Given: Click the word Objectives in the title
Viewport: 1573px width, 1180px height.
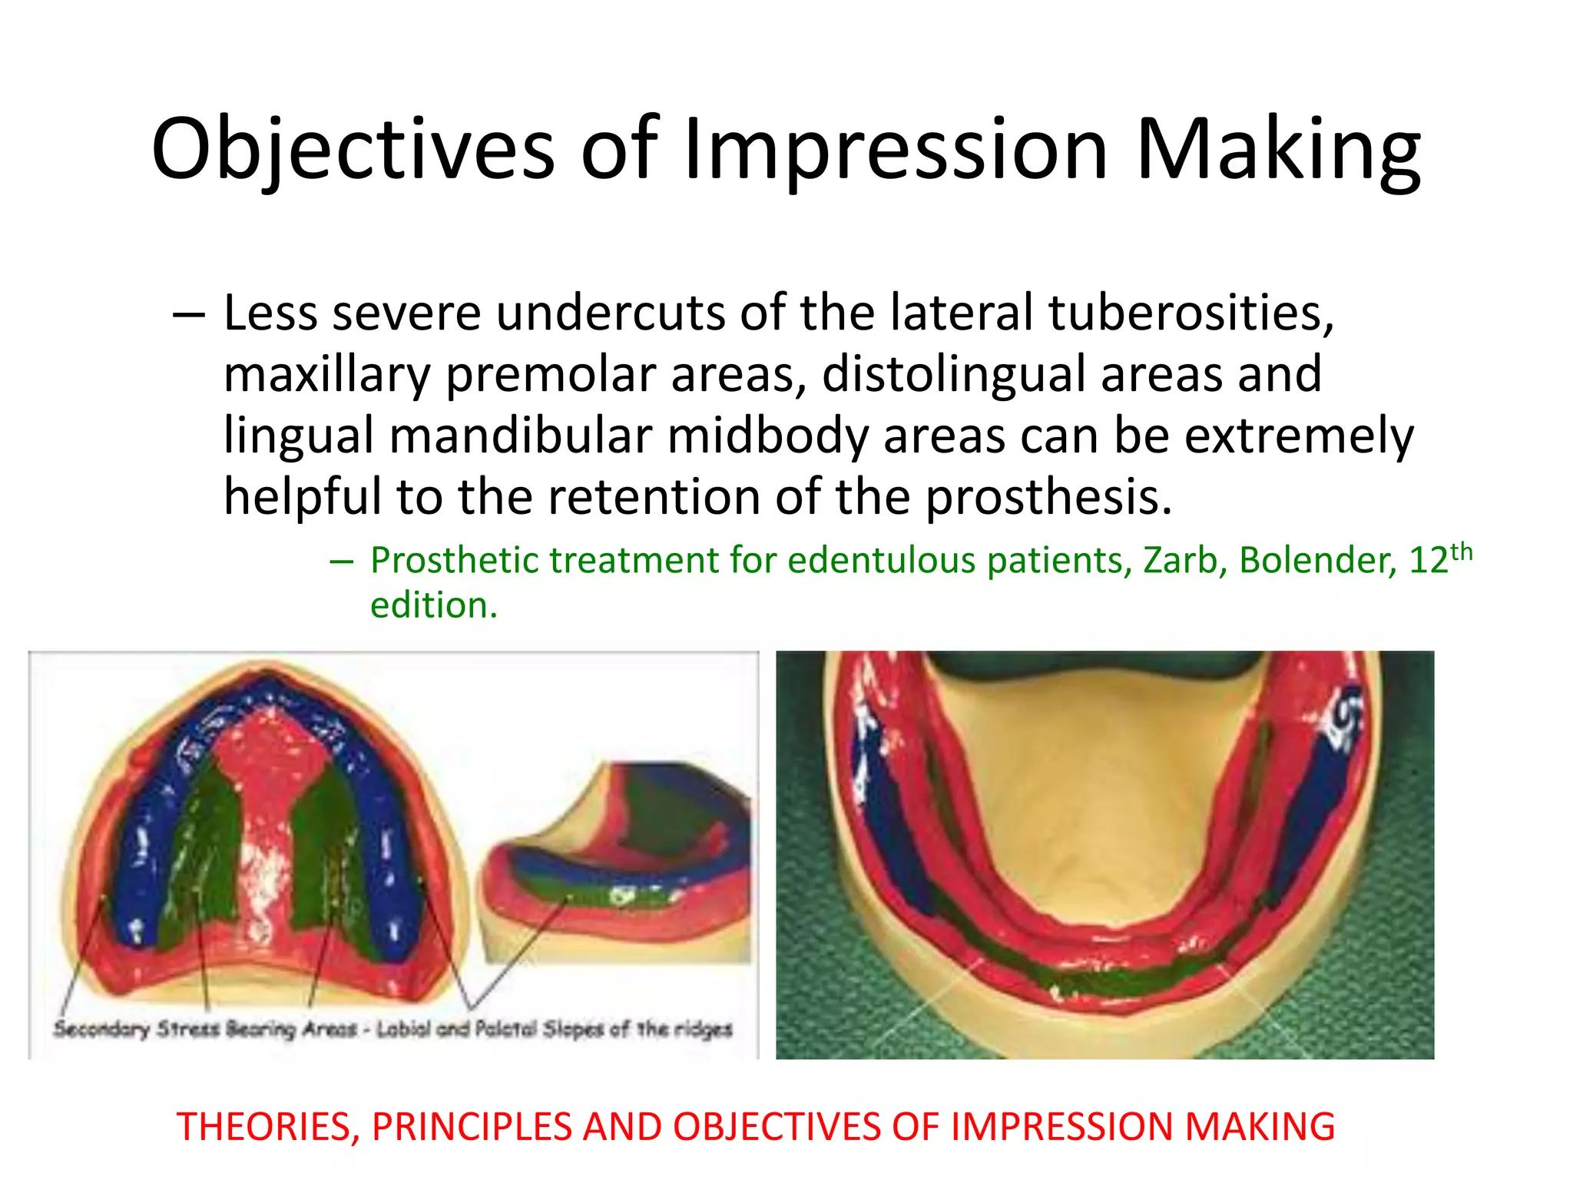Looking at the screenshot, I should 353,150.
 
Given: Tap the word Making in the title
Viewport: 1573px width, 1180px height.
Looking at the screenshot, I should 1278,150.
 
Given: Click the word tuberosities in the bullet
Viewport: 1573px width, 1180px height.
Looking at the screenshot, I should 1191,313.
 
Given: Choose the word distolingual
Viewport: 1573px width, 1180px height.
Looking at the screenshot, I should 952,375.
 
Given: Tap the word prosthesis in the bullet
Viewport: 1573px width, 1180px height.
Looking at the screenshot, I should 1048,498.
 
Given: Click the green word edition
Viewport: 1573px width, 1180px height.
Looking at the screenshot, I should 434,605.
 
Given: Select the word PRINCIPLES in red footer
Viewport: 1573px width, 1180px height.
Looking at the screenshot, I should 472,1127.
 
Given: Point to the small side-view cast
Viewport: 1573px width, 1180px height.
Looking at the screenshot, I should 614,860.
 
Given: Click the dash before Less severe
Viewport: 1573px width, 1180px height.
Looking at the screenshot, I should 189,315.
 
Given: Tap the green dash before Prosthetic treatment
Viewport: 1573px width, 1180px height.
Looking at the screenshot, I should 341,562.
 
